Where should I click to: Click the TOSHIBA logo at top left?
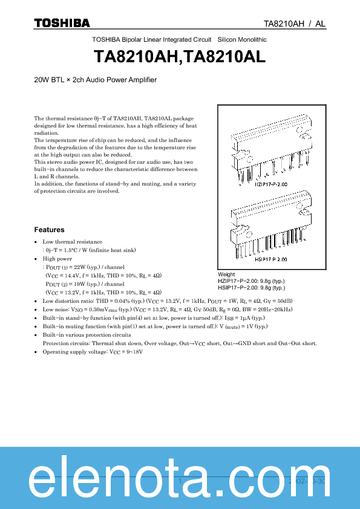click(62, 23)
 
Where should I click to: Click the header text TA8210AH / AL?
click(295, 24)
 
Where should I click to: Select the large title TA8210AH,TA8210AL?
click(180, 56)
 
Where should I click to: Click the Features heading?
click(49, 230)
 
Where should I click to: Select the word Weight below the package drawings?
click(226, 274)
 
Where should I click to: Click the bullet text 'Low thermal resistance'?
click(73, 242)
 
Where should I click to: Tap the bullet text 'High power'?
click(57, 258)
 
